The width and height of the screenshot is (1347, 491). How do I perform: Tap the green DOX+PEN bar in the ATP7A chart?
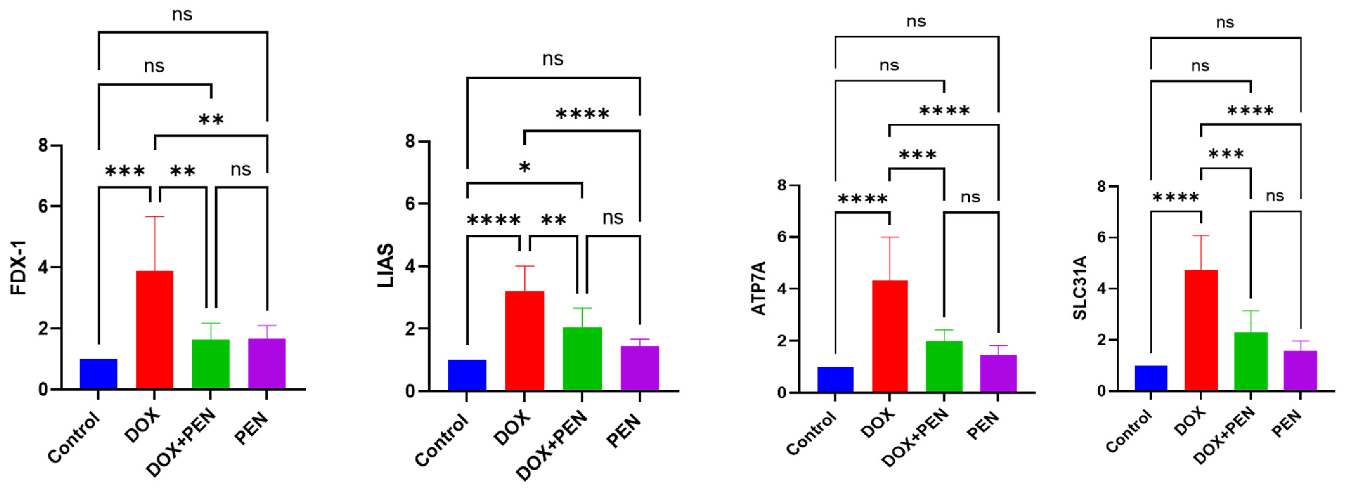pyautogui.click(x=944, y=366)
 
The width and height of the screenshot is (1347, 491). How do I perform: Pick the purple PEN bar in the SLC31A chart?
pyautogui.click(x=1300, y=370)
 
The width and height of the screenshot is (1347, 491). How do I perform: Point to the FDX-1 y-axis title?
pyautogui.click(x=19, y=268)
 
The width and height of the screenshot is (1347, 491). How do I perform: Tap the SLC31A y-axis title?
pyautogui.click(x=1080, y=288)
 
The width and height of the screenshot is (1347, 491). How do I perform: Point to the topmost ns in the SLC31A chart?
pyautogui.click(x=1225, y=22)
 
